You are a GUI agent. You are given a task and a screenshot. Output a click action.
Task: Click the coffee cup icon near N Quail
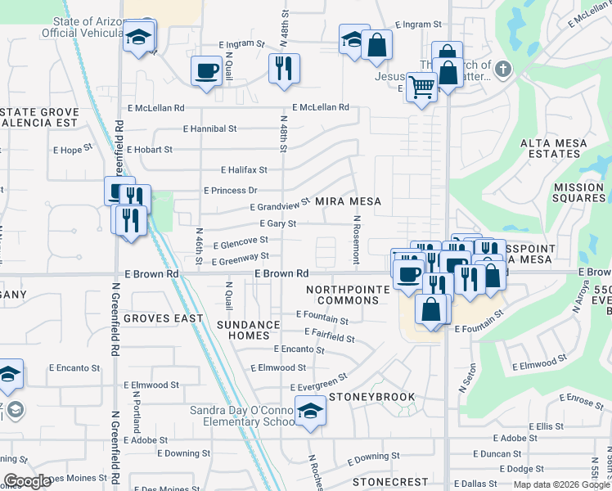click(206, 70)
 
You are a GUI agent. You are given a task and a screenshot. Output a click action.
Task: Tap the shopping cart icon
click(421, 85)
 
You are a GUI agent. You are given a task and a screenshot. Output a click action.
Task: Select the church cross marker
click(503, 70)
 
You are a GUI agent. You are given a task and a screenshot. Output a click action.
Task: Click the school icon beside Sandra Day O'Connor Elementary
click(310, 412)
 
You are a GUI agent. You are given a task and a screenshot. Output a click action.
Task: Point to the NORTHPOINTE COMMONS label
click(343, 295)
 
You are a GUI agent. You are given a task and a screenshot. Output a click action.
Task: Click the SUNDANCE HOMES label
click(248, 330)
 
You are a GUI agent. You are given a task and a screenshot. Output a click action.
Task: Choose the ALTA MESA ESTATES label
click(555, 148)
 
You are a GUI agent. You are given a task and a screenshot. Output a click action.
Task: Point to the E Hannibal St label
click(209, 128)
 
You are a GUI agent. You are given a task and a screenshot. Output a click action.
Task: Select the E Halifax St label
click(244, 169)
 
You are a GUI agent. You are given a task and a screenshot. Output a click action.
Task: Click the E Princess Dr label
click(230, 190)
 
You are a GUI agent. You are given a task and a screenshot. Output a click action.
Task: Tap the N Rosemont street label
click(357, 240)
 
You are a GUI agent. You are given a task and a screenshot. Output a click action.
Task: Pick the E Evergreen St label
click(319, 381)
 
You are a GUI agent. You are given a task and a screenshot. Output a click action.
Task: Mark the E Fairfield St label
click(329, 336)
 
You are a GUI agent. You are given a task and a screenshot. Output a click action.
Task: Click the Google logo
click(28, 481)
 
